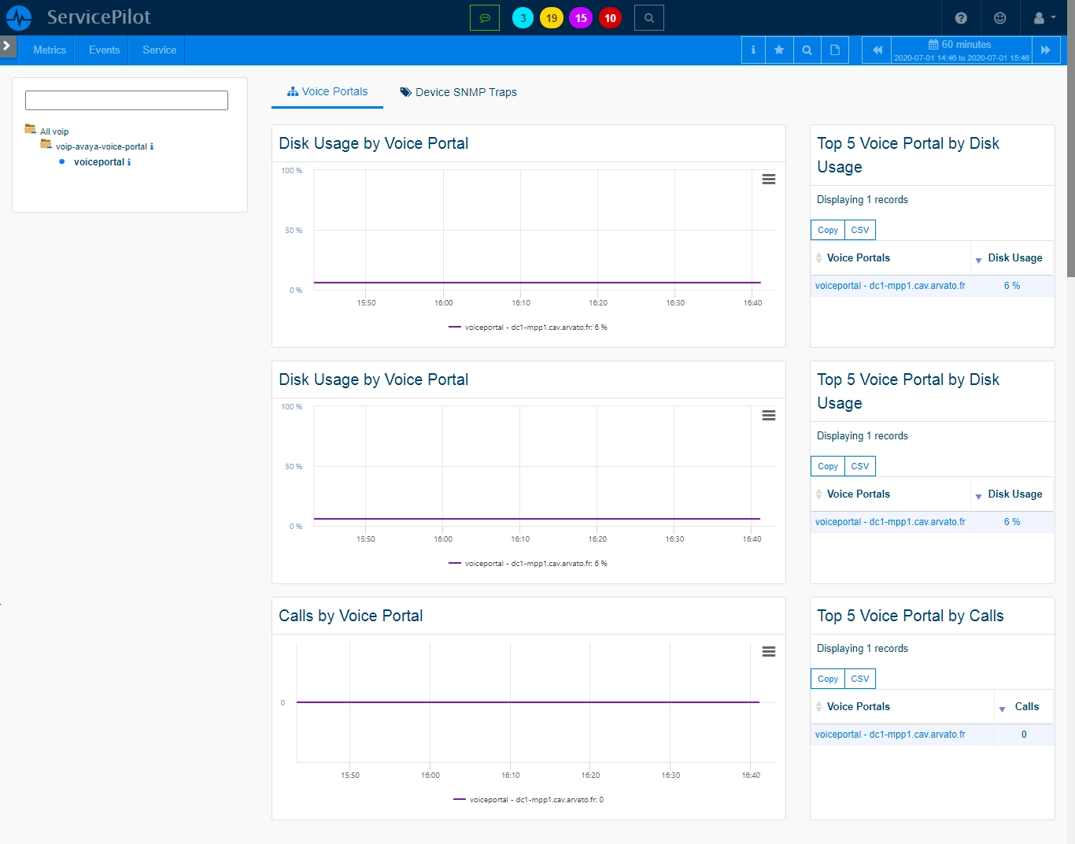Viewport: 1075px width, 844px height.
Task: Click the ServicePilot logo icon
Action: [19, 18]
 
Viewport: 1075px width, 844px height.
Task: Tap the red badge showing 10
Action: [610, 18]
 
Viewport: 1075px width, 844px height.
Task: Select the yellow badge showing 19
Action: [552, 18]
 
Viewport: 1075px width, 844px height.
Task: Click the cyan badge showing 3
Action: [523, 18]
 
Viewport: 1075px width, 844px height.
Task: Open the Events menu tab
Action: [104, 50]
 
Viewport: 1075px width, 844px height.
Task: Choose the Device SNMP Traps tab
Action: [458, 92]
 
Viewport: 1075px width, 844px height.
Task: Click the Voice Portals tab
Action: [327, 91]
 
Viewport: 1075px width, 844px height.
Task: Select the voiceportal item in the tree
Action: [99, 161]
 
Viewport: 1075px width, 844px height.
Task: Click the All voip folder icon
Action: [30, 130]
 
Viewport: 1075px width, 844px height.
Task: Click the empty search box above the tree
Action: [127, 101]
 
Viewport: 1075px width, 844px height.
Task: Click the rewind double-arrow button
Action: [877, 50]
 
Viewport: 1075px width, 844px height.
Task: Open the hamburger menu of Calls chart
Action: [768, 652]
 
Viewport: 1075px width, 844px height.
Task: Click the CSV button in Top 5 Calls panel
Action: [860, 679]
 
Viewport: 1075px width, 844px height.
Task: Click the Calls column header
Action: [1026, 706]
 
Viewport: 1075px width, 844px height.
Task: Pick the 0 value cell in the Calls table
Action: [1024, 735]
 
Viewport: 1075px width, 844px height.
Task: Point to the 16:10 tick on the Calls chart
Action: [511, 776]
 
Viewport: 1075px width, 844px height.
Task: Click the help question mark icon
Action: [961, 18]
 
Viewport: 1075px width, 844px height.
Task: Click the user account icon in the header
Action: [1039, 18]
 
